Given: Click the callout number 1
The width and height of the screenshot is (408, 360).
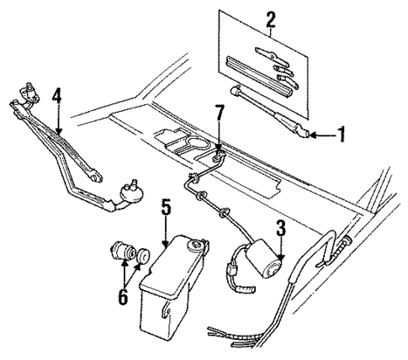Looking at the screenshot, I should (x=342, y=135).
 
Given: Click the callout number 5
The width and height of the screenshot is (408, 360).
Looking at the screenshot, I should (x=166, y=204).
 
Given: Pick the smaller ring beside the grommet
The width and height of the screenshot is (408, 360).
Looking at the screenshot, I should (x=144, y=253).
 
